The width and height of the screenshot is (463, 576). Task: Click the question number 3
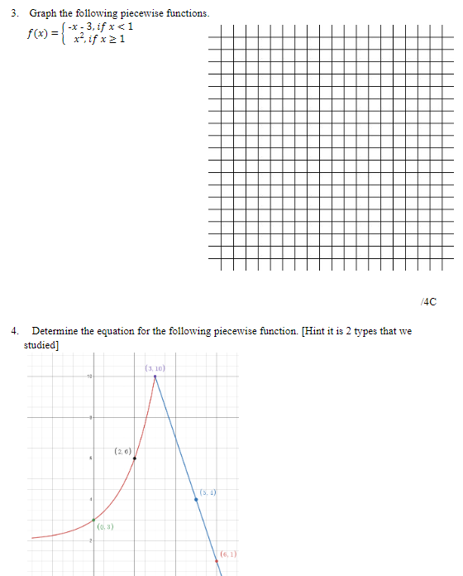[15, 14]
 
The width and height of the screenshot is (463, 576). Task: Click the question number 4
[15, 331]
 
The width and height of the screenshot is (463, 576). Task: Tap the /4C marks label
[428, 300]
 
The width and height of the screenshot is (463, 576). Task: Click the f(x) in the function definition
[38, 34]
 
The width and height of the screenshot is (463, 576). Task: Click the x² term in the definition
[79, 40]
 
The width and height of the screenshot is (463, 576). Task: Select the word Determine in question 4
[56, 331]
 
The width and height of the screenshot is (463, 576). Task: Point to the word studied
[41, 344]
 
